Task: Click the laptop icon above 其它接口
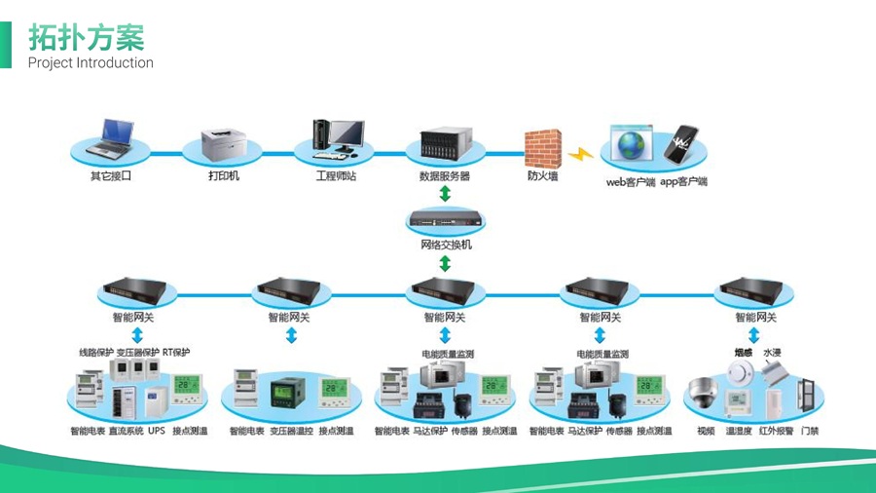110,139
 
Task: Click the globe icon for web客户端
632,144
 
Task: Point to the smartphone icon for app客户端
682,143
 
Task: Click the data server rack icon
444,147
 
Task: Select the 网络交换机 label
446,245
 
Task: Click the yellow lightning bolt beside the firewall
581,154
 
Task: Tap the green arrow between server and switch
446,195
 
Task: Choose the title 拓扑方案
86,37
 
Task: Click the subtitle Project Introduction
91,63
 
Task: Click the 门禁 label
810,431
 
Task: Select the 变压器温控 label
291,431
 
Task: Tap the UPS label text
156,431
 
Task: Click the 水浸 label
772,353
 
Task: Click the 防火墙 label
543,176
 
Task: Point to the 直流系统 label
125,431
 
